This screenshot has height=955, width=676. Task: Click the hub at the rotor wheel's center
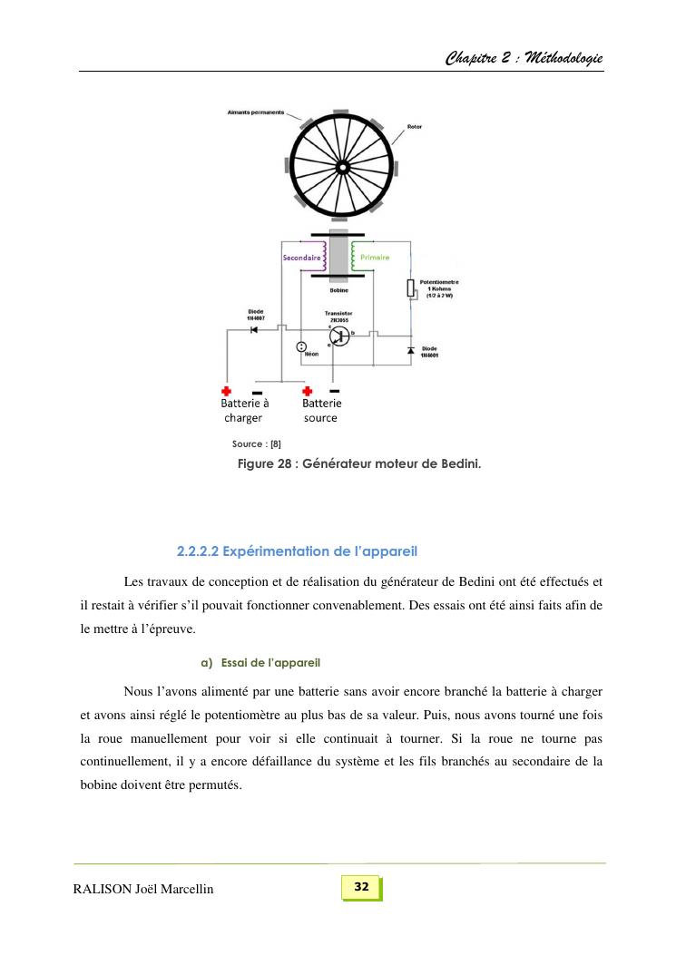(x=343, y=168)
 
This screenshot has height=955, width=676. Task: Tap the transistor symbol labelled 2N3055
(x=338, y=336)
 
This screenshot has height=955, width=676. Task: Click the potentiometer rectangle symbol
(x=410, y=288)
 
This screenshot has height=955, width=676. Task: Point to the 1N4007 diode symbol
(x=254, y=329)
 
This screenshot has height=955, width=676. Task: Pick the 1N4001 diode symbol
(x=410, y=350)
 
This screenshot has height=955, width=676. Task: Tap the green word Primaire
(x=374, y=258)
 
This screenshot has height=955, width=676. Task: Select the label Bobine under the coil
(x=338, y=290)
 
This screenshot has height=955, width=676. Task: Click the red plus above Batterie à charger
(x=226, y=391)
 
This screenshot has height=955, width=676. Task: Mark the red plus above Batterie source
(x=307, y=391)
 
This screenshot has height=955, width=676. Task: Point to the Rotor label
(x=415, y=126)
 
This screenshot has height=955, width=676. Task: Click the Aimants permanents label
(x=255, y=112)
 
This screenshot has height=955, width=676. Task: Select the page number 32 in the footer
(x=361, y=886)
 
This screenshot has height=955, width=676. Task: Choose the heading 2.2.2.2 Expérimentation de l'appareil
(x=297, y=551)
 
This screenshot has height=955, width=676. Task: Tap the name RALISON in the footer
(x=103, y=889)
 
